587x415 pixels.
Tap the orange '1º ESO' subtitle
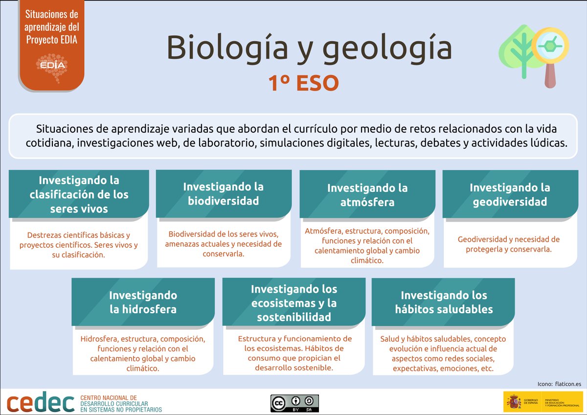point(303,83)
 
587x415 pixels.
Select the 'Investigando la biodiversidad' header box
point(224,194)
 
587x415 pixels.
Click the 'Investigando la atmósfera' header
point(367,195)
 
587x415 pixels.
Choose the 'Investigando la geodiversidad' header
point(510,194)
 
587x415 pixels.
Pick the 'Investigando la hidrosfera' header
point(143,302)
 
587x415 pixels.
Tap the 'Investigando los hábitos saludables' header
point(444,302)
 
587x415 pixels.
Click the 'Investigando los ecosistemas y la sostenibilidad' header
point(294,303)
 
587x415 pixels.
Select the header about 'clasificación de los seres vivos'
point(79,195)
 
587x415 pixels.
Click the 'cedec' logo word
point(41,403)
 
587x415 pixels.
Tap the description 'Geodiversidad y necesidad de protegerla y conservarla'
point(509,244)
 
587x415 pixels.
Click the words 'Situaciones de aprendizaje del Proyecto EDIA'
point(51,27)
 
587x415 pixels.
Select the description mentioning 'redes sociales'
point(443,353)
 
